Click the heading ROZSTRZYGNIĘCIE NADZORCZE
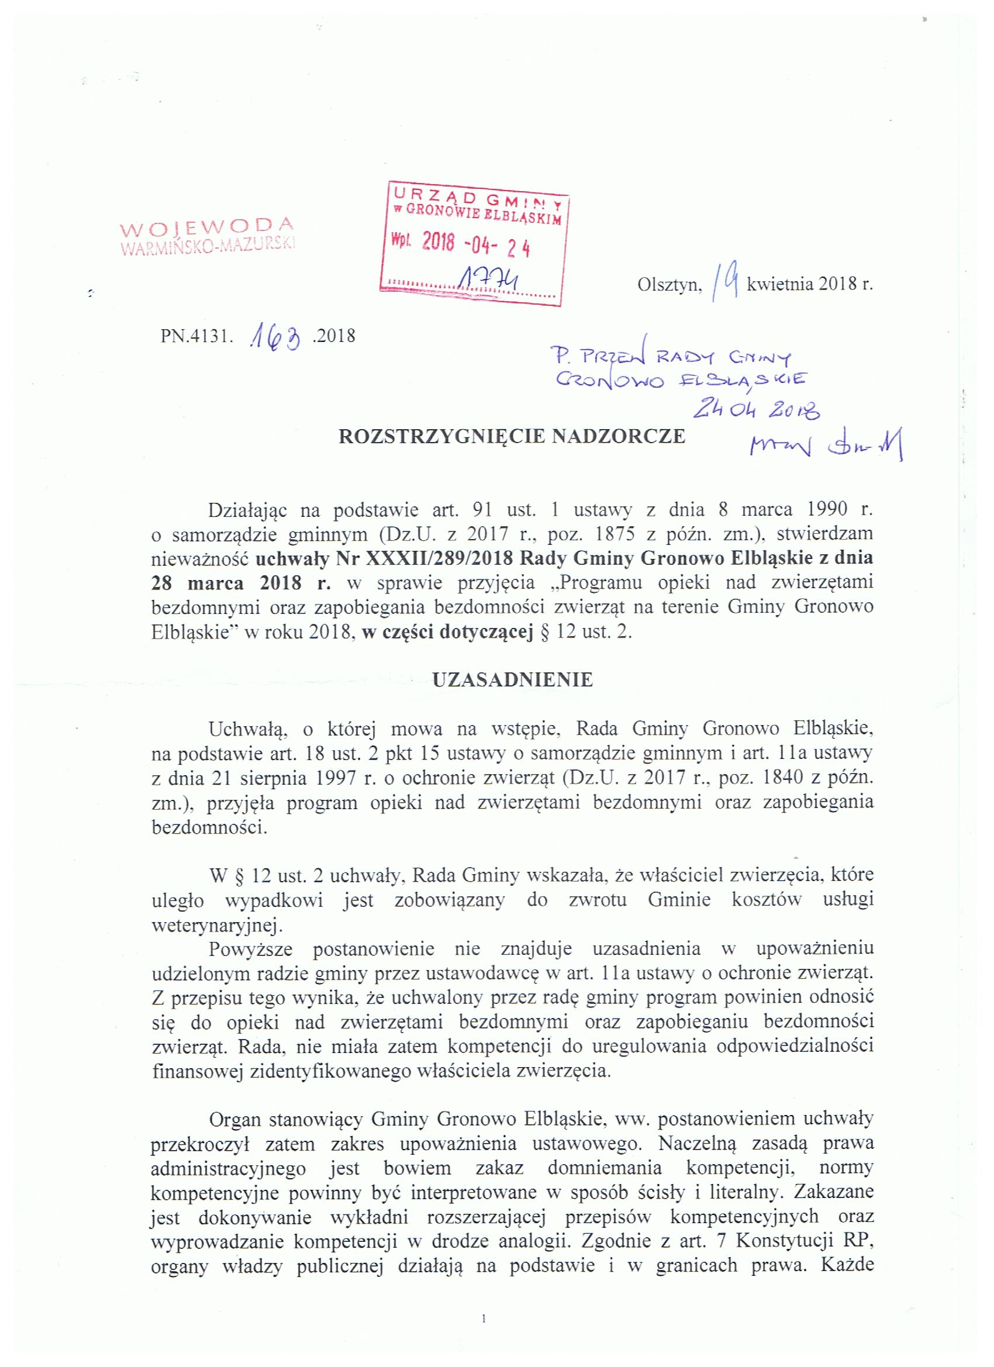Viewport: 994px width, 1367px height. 512,436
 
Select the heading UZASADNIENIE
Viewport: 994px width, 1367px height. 513,680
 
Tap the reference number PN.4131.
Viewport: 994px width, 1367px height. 196,335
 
